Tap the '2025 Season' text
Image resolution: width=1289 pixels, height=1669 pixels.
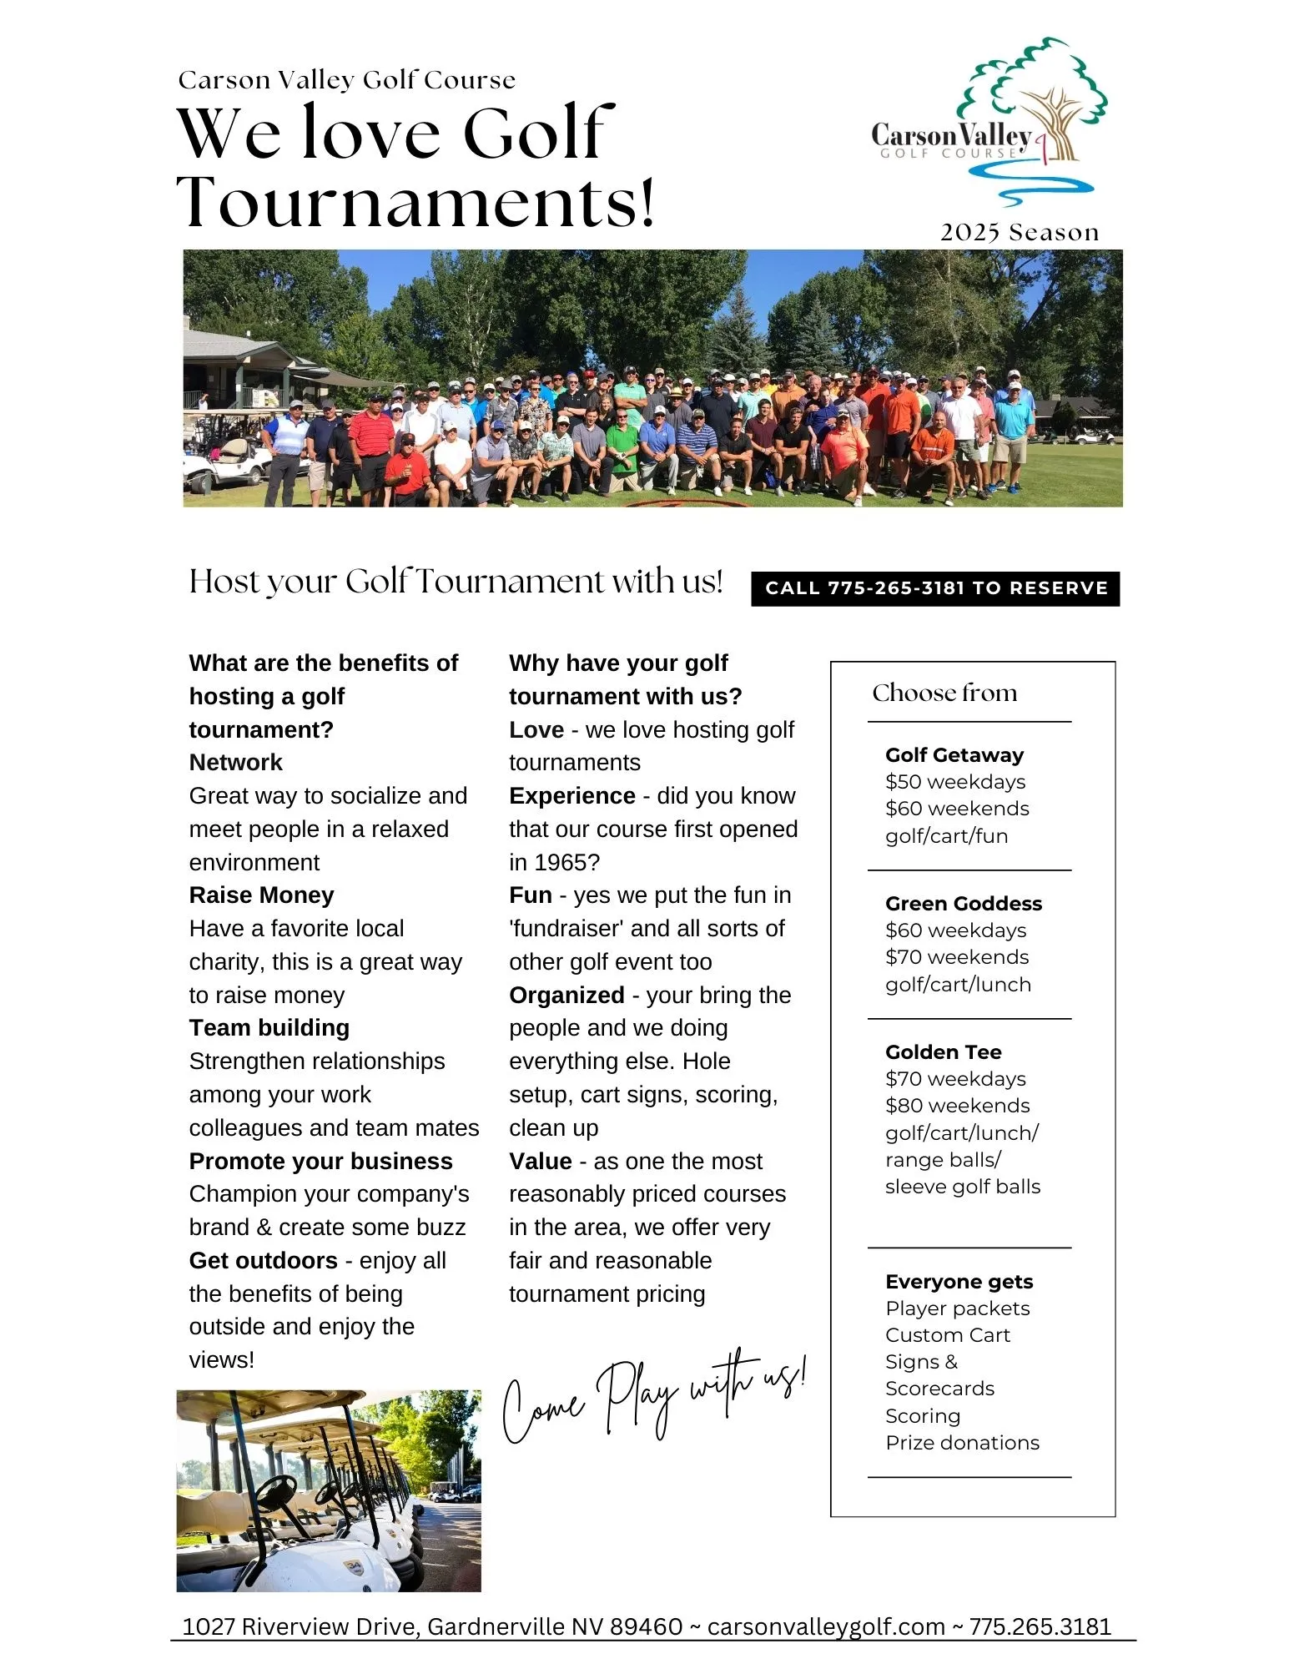coord(1019,232)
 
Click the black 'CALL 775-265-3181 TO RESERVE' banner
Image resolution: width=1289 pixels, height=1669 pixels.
coord(935,588)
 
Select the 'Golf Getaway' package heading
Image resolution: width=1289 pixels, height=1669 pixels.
coord(954,754)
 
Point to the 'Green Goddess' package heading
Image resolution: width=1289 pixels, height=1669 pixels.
coord(963,903)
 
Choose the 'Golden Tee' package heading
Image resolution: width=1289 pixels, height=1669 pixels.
coord(943,1051)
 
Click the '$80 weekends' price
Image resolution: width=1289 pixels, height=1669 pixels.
coord(957,1105)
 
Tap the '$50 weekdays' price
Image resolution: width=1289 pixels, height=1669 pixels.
coord(954,781)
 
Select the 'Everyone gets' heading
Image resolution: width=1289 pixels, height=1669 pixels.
coord(959,1281)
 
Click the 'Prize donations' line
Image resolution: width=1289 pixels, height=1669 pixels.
coord(962,1442)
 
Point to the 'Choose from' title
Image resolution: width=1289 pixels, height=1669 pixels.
coord(944,693)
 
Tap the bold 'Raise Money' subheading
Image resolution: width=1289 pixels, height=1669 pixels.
coord(261,895)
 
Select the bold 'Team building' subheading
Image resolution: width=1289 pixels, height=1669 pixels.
coord(269,1027)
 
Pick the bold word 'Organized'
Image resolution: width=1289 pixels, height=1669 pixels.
coord(566,995)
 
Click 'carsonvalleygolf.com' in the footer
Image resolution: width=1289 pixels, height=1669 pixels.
coord(825,1626)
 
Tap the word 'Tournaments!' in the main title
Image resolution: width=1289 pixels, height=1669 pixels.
coord(415,202)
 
